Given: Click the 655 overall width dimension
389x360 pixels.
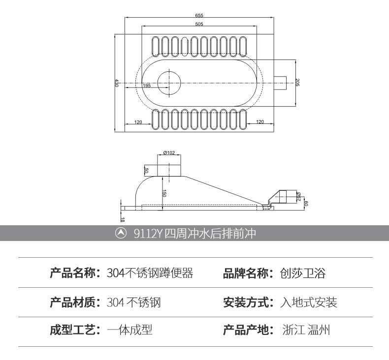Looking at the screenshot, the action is coord(198,16).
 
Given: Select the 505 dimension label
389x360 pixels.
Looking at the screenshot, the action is coord(198,24).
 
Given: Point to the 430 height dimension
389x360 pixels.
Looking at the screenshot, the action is coord(117,83).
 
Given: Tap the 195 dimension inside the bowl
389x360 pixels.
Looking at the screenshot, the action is coord(147,86).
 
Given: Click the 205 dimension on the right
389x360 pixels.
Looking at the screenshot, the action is coord(297,83).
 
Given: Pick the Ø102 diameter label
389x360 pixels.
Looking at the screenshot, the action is coord(169,152).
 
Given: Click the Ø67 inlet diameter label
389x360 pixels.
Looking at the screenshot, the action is coord(299,197).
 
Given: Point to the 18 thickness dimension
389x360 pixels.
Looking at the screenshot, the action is coord(123,220).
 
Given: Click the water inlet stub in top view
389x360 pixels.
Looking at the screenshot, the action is coord(280,83).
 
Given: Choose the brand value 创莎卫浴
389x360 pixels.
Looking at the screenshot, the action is coord(302,273).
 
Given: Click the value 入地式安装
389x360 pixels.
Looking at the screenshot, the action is coord(309,302).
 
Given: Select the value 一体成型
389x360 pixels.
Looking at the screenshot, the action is coord(130,330).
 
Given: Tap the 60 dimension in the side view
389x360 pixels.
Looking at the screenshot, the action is coord(306,203).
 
